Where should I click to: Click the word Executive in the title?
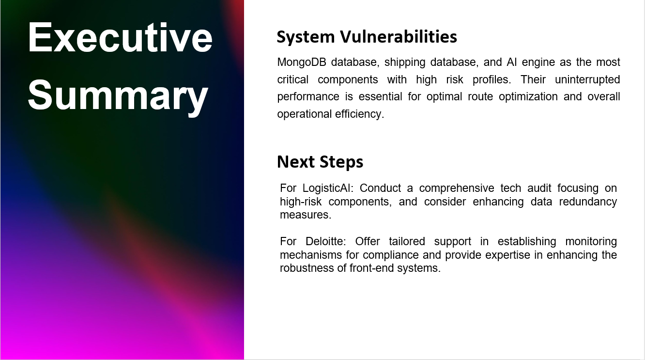pyautogui.click(x=120, y=37)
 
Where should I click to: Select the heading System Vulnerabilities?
pyautogui.click(x=367, y=37)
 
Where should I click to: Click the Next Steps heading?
pyautogui.click(x=320, y=162)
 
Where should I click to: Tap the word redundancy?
pyautogui.click(x=588, y=202)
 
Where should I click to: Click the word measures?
pyautogui.click(x=306, y=215)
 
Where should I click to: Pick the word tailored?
pyautogui.click(x=408, y=241)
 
